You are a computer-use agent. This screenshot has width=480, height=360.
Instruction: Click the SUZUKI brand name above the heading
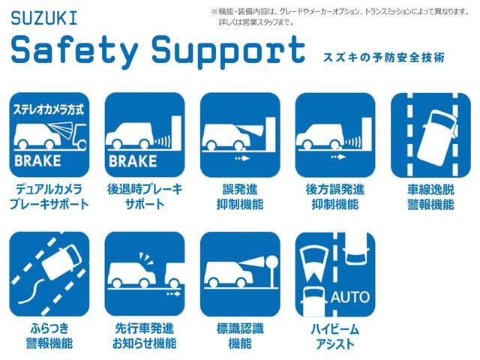(44, 18)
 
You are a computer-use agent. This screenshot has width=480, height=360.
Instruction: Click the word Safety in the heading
(74, 50)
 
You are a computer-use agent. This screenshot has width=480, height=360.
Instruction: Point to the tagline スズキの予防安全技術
(384, 57)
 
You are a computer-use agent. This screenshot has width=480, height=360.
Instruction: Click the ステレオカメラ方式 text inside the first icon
(48, 109)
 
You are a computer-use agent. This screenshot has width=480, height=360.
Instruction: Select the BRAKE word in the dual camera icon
(37, 160)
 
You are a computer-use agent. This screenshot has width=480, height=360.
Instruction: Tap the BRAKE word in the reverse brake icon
(133, 161)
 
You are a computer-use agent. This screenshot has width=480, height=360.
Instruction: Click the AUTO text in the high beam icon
(350, 297)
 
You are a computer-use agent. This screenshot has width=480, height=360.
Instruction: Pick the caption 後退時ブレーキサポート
(145, 196)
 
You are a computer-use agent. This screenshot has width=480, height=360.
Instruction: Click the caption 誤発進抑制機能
(240, 196)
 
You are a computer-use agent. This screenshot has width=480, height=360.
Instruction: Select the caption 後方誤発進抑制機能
(335, 196)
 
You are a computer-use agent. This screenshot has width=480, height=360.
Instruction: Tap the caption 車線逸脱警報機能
(430, 196)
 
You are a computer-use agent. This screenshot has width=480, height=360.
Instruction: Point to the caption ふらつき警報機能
(49, 336)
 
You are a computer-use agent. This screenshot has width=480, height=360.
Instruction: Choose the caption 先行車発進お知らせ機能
(145, 336)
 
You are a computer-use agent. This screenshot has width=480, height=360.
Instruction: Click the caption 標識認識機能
(240, 336)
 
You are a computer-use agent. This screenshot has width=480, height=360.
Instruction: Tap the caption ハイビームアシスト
(335, 337)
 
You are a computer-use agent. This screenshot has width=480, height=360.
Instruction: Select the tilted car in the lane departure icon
(438, 136)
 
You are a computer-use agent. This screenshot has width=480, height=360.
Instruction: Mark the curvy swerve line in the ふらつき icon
(31, 291)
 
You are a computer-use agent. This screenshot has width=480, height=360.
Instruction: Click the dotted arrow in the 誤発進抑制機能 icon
(242, 158)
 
